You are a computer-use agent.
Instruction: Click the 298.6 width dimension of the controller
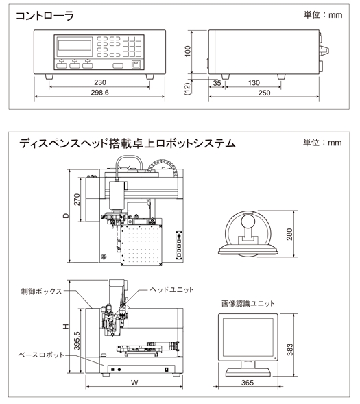tap(99, 93)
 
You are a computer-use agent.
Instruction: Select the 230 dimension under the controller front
tap(100, 82)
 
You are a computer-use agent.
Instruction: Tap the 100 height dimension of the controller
tap(188, 51)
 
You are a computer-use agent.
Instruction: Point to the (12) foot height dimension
tap(188, 88)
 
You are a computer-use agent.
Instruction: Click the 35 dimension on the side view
tap(217, 83)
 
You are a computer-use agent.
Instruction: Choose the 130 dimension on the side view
tap(254, 83)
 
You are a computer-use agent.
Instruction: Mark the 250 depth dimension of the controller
tap(264, 93)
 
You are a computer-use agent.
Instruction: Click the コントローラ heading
tap(45, 16)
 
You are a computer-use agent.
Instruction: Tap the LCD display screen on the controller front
tap(75, 45)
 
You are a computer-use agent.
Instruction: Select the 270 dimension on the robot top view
tap(77, 200)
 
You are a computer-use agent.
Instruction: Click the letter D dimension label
tap(67, 215)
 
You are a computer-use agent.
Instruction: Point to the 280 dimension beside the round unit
tap(289, 234)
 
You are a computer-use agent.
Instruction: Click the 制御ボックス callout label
tap(41, 292)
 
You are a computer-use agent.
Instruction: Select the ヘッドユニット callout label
tap(171, 289)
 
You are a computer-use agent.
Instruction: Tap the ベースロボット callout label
tap(41, 355)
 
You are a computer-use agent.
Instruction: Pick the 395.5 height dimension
tap(77, 341)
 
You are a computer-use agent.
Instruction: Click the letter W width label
tap(134, 383)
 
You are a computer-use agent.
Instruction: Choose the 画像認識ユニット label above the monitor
tap(248, 304)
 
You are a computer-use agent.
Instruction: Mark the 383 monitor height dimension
tap(290, 350)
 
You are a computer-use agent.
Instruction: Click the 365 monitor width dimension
tap(248, 383)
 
